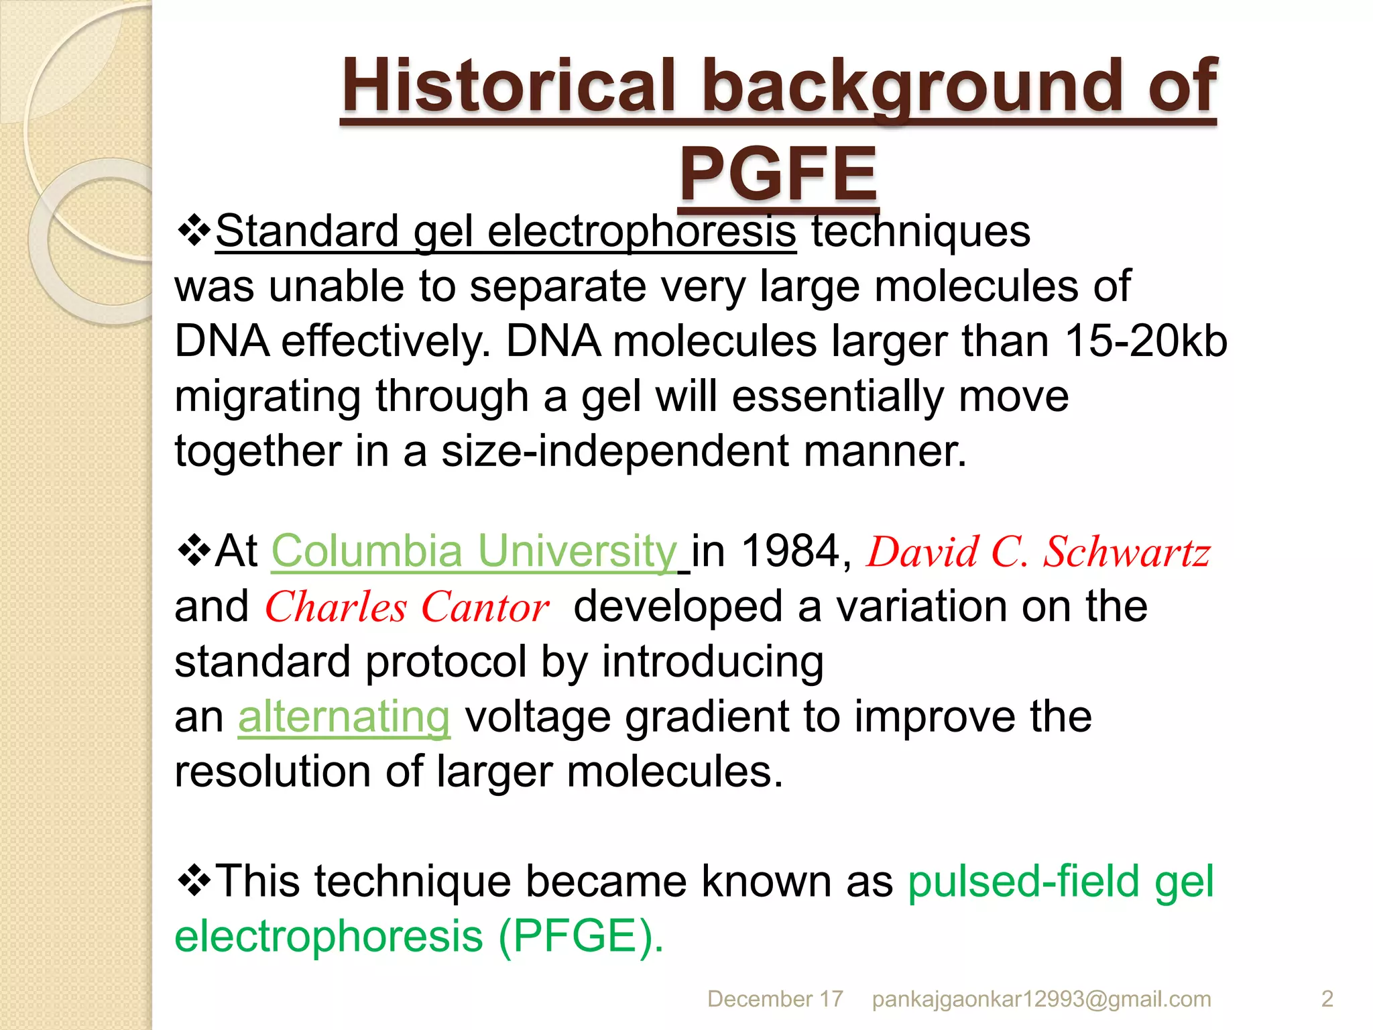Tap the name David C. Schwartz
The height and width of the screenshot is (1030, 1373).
click(1038, 553)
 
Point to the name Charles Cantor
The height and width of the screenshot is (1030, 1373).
click(407, 608)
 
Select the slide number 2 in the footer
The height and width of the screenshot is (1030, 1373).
click(1327, 999)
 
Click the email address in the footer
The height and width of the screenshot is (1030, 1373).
click(1041, 999)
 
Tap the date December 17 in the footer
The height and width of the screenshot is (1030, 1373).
click(775, 999)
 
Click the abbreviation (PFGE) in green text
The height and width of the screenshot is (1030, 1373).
click(581, 936)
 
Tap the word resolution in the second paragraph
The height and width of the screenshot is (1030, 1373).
click(272, 771)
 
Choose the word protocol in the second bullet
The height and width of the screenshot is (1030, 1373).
click(446, 662)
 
